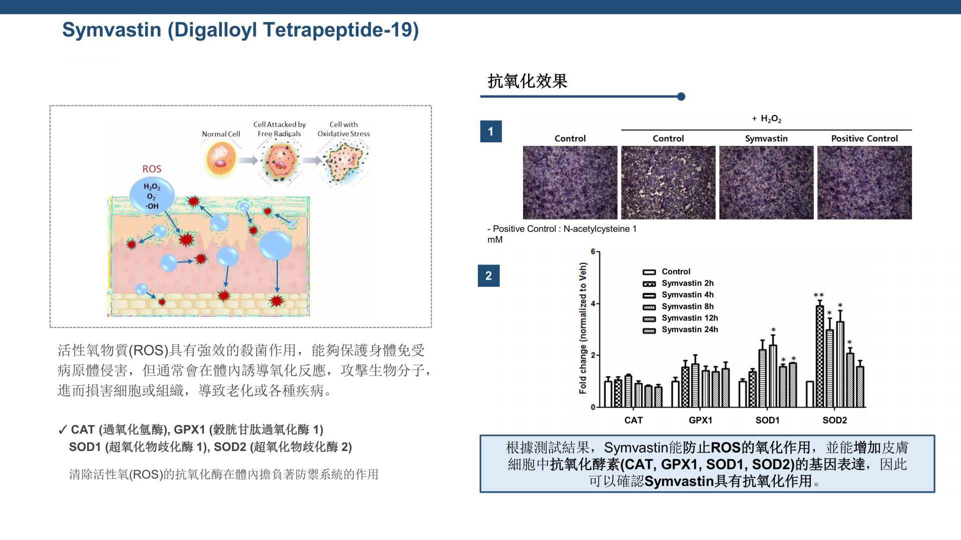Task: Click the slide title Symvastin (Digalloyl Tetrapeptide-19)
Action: tap(240, 30)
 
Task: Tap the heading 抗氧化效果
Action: tap(528, 81)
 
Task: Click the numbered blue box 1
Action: tap(491, 131)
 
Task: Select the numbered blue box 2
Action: tap(489, 275)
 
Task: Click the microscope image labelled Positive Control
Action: tap(864, 182)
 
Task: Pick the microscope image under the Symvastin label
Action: tap(766, 182)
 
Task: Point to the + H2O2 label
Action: tap(766, 119)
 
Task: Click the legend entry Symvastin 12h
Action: tap(681, 318)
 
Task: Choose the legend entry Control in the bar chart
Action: tap(667, 271)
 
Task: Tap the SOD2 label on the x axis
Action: tap(835, 420)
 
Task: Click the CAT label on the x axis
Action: tap(633, 420)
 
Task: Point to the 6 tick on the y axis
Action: tap(593, 251)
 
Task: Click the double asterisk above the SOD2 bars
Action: tap(819, 295)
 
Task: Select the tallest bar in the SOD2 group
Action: tap(820, 356)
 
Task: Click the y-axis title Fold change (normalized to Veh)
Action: tap(583, 328)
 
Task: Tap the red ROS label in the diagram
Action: tap(152, 169)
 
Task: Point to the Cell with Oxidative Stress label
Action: tap(344, 129)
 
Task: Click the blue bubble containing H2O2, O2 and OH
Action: tap(152, 195)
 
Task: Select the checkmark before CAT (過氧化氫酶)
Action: tap(63, 430)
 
